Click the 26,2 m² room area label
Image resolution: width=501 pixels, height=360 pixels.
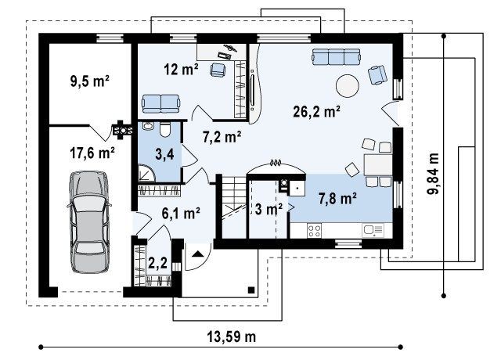316,111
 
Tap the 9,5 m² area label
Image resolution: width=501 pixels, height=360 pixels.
90,81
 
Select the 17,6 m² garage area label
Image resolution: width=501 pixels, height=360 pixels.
92,153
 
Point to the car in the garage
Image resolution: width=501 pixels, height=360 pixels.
89,221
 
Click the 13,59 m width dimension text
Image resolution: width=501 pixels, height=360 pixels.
232,337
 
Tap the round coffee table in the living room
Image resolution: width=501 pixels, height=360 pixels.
348,86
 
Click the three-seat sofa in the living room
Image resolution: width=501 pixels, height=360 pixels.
337,57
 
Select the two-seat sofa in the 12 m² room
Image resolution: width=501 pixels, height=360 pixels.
160,103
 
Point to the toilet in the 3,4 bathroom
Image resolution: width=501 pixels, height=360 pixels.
165,129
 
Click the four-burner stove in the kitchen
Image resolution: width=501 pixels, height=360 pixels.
314,231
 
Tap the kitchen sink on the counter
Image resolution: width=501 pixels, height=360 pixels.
373,230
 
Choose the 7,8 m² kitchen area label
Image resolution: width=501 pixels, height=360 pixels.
337,199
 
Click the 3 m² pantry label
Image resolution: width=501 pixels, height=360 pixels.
269,209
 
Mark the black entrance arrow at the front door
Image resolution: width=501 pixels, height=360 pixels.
198,254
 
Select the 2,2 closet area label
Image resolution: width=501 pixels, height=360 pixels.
158,263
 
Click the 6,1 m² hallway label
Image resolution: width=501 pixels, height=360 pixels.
181,213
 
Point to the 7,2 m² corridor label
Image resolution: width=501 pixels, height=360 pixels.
222,137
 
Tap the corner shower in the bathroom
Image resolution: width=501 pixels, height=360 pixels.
146,174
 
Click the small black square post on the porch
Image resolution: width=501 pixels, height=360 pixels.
251,290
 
